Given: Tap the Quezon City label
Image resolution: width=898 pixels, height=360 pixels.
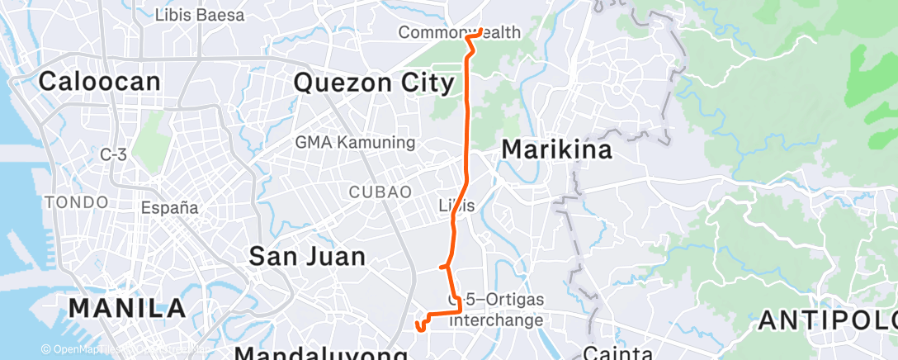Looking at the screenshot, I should (374, 83).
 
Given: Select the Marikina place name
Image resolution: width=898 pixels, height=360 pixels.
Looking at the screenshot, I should (557, 150).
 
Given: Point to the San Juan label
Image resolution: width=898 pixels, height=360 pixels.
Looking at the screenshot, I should (307, 257).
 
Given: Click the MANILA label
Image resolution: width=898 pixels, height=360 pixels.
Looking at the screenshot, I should (127, 308).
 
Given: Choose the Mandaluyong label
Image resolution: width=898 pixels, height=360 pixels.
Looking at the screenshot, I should (322, 354).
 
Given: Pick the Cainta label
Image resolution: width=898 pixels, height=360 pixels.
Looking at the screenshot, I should (617, 353).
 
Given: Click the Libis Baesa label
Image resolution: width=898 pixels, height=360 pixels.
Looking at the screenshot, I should (200, 15).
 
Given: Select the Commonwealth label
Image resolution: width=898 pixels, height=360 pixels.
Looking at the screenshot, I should (459, 32).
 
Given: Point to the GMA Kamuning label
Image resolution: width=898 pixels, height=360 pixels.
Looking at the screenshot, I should (355, 142).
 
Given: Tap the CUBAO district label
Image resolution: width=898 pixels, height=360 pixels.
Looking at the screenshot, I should (380, 192).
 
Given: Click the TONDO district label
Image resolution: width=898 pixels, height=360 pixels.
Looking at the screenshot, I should (77, 202).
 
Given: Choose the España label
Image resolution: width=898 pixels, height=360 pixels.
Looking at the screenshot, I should (169, 207).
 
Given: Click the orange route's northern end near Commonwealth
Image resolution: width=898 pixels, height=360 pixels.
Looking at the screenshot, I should (481, 31).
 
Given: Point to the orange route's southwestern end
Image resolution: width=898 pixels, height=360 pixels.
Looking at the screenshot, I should (421, 328).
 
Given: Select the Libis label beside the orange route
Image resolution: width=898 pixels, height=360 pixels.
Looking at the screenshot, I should (461, 206).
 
